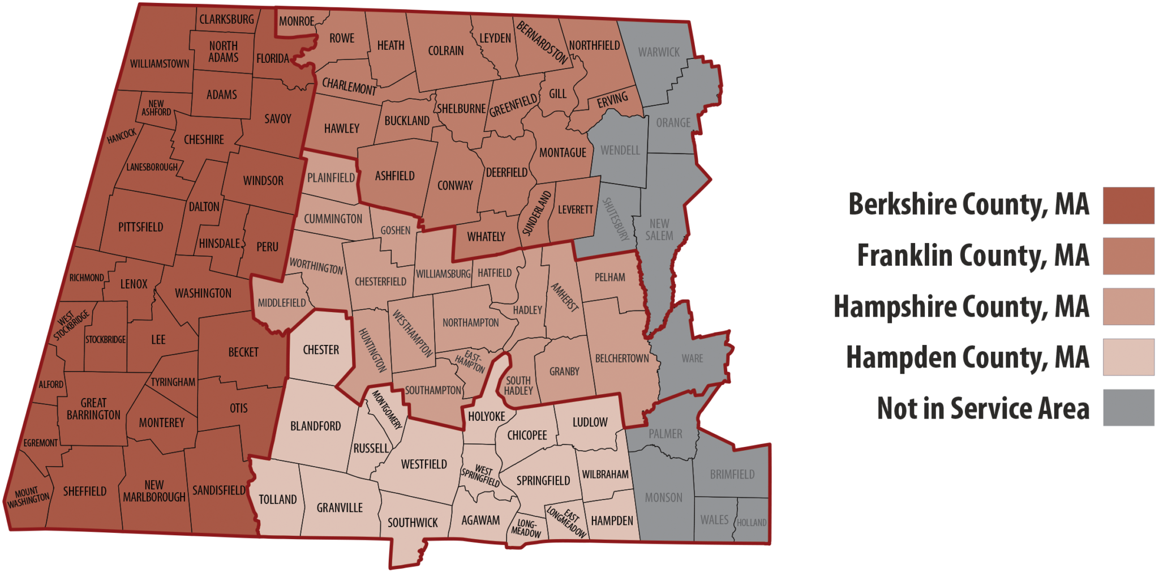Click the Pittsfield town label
point(140,227)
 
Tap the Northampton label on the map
point(470,323)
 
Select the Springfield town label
point(543,481)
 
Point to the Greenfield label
point(513,106)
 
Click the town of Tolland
point(277,500)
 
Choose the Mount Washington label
point(28,497)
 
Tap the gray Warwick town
point(659,52)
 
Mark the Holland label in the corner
point(752,523)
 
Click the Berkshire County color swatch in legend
point(1128,206)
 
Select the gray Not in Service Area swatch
point(1128,407)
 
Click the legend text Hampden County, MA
point(967,357)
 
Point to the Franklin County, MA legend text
point(973,255)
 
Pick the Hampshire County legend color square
point(1128,306)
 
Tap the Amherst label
point(564,297)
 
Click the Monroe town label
point(297,22)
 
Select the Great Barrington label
point(93,409)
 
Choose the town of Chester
point(321,350)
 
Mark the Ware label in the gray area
point(692,358)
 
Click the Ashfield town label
point(394,176)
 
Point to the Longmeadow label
point(526,528)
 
